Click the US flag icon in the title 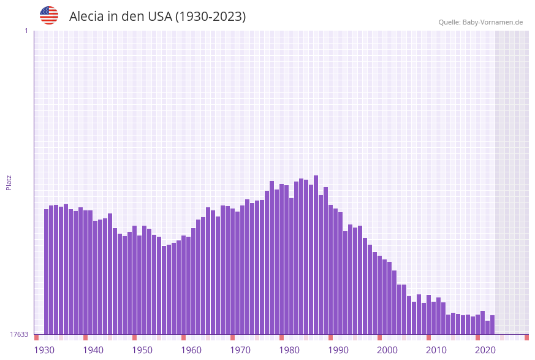pyautogui.click(x=49, y=15)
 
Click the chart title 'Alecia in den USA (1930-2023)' pyautogui.click(x=157, y=17)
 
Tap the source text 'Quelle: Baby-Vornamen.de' pyautogui.click(x=480, y=22)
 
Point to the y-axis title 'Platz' pyautogui.click(x=9, y=182)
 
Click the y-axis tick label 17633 pyautogui.click(x=19, y=334)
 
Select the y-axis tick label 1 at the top pyautogui.click(x=26, y=31)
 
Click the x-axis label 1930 pyautogui.click(x=44, y=350)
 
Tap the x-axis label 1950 pyautogui.click(x=142, y=350)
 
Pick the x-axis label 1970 pyautogui.click(x=240, y=350)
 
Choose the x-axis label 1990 pyautogui.click(x=338, y=350)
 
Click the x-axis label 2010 pyautogui.click(x=436, y=350)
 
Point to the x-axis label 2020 pyautogui.click(x=485, y=350)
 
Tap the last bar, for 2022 pyautogui.click(x=493, y=325)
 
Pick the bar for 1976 pyautogui.click(x=272, y=258)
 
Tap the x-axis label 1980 pyautogui.click(x=289, y=350)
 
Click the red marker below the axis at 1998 pyautogui.click(x=380, y=337)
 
